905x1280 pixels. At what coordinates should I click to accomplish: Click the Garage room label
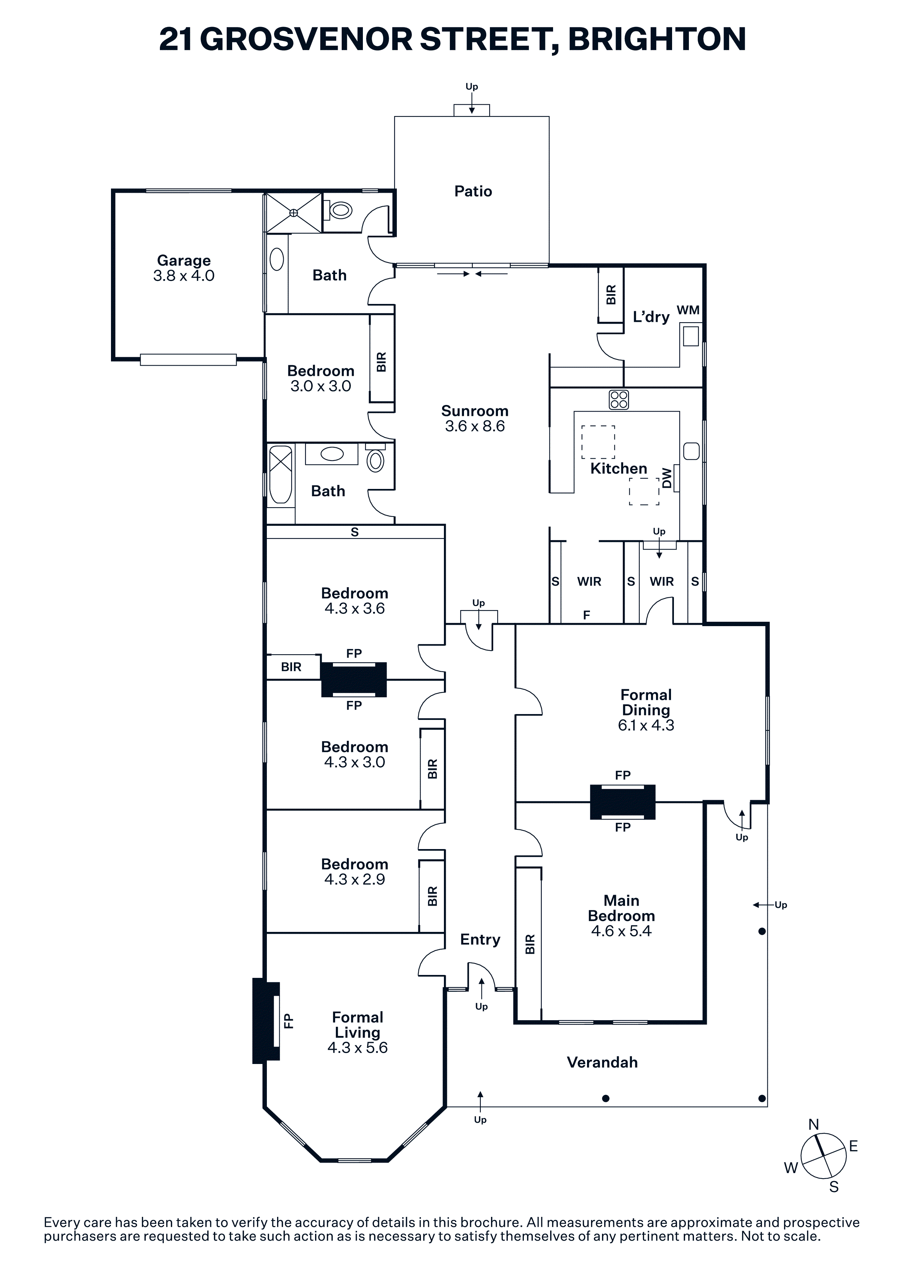click(x=184, y=268)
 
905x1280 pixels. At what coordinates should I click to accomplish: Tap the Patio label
click(x=473, y=191)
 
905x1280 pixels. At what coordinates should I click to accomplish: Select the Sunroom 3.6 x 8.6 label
click(x=475, y=419)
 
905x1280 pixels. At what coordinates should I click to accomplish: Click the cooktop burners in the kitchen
click(x=619, y=399)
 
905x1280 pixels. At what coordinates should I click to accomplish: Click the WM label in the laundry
click(x=688, y=310)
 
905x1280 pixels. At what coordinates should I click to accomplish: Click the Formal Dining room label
click(x=646, y=710)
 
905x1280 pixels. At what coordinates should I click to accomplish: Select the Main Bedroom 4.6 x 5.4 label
click(x=621, y=915)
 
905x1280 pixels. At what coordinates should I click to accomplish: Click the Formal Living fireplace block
click(x=266, y=1020)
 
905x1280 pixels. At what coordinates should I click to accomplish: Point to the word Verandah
click(x=602, y=1062)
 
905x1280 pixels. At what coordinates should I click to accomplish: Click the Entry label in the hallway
click(x=480, y=939)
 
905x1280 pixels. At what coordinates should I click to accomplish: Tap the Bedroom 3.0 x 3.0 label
click(x=321, y=378)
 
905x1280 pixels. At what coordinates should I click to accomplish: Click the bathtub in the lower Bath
click(x=280, y=474)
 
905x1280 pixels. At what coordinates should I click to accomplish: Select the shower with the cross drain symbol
click(x=293, y=212)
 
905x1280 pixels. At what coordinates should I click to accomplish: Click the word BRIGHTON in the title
click(x=657, y=39)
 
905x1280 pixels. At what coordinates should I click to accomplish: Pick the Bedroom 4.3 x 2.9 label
click(x=354, y=871)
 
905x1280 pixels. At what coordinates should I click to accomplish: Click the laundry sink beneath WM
click(x=691, y=336)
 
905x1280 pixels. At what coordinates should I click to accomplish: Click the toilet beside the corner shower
click(x=341, y=210)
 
